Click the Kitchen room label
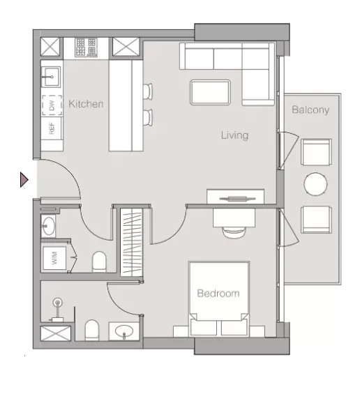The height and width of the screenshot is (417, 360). point(86,104)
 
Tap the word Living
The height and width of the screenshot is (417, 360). point(234,135)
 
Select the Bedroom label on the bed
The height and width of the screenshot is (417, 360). point(218,294)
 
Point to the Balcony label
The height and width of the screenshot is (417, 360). point(310,109)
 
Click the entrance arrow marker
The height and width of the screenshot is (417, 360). point(24,179)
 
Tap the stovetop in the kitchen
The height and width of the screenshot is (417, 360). point(86,47)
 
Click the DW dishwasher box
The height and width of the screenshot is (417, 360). point(52,105)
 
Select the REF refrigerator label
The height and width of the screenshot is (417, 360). point(52,128)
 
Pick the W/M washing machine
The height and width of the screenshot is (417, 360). point(54,258)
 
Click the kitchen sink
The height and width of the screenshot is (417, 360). point(51,77)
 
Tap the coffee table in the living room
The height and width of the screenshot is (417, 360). point(210,92)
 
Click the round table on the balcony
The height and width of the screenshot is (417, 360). point(315,184)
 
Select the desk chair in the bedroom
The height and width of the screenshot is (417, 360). point(234,232)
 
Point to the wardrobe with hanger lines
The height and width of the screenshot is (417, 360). point(131,242)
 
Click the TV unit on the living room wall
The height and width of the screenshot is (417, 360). point(236,197)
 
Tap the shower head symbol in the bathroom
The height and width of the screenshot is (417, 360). point(57,302)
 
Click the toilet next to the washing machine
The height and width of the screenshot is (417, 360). point(99,261)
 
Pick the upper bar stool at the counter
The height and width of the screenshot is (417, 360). point(148,91)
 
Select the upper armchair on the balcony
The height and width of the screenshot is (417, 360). point(316,152)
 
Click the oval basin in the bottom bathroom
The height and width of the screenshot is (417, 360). point(124,331)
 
